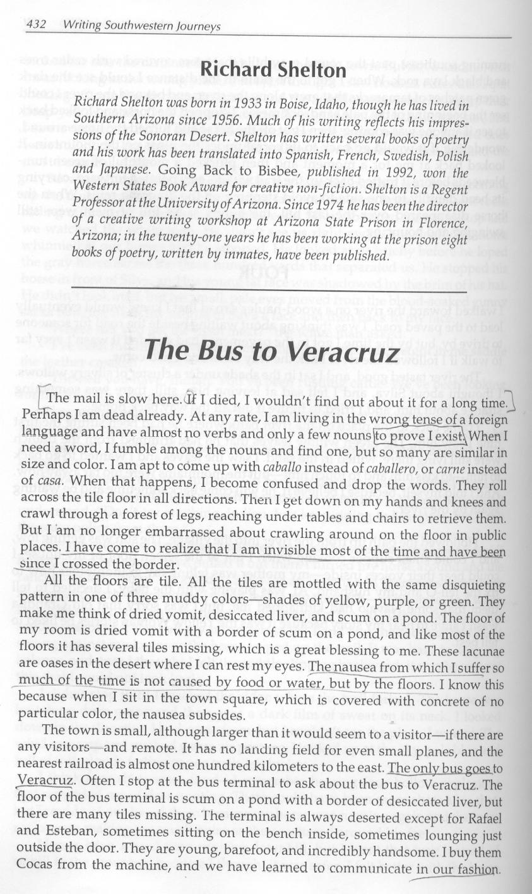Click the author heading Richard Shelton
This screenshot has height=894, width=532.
(x=273, y=69)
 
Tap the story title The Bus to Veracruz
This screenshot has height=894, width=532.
(x=272, y=350)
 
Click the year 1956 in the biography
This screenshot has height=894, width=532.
(x=230, y=119)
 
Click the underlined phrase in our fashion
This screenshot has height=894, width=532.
(x=458, y=868)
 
